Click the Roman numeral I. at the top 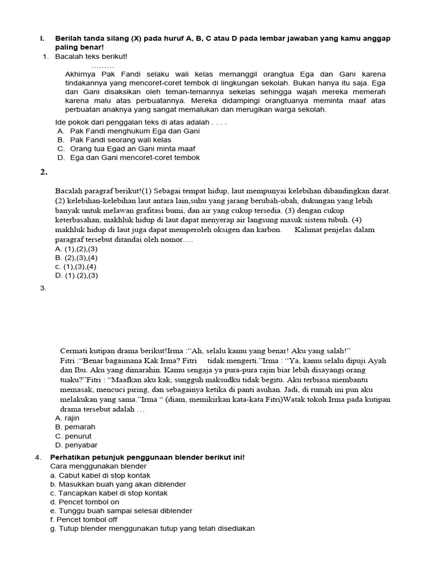click(42, 38)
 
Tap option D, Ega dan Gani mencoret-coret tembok click(129, 158)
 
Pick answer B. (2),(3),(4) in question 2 click(76, 257)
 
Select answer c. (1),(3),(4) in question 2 click(76, 266)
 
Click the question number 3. click(43, 288)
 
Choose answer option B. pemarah click(75, 427)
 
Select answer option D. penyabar click(76, 445)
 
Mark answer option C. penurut click(74, 436)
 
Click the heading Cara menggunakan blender click(98, 466)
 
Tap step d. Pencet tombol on click(85, 502)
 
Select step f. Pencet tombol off click(84, 520)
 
